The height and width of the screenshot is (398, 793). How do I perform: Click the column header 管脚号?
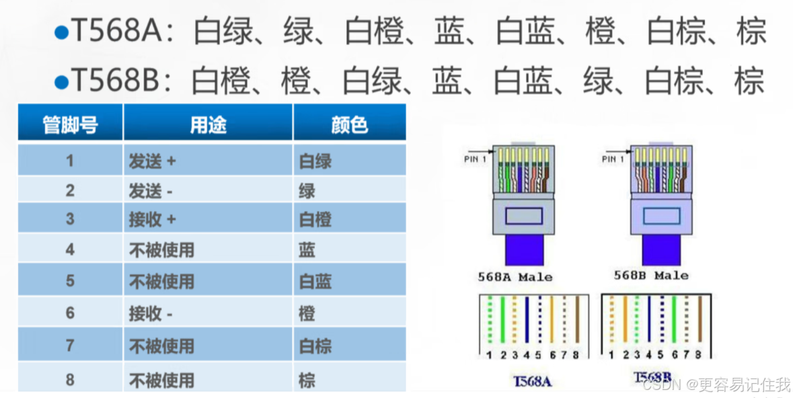pos(70,124)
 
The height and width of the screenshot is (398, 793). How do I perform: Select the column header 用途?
pos(208,124)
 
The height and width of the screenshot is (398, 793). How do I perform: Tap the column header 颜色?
pos(349,124)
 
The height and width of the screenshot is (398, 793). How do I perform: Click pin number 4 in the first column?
pos(70,250)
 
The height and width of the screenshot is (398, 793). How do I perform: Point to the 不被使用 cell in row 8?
pos(161,380)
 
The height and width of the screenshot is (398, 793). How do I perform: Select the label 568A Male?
pos(515,277)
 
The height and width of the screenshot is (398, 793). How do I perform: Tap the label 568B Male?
pos(651,276)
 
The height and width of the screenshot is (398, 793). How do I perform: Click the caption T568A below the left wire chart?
pos(532,381)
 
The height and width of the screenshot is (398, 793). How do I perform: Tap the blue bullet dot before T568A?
pos(61,33)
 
